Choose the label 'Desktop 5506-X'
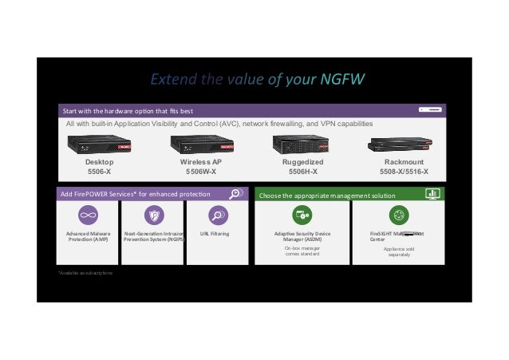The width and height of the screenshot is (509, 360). (100, 166)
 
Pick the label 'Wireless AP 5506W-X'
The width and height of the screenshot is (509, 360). (200, 166)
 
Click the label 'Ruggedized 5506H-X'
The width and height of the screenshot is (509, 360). (302, 166)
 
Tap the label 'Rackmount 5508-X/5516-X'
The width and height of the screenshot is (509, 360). (404, 166)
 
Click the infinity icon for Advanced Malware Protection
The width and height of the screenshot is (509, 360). (88, 215)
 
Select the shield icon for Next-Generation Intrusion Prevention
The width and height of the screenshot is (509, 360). (152, 215)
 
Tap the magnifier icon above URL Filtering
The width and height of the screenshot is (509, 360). (216, 215)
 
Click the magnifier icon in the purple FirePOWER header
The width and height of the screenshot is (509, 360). (235, 193)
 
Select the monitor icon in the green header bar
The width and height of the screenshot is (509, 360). (432, 193)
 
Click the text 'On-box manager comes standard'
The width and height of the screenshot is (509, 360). (302, 251)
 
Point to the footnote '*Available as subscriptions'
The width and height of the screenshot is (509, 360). (85, 273)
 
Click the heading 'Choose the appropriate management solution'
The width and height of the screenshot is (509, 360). (316, 194)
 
